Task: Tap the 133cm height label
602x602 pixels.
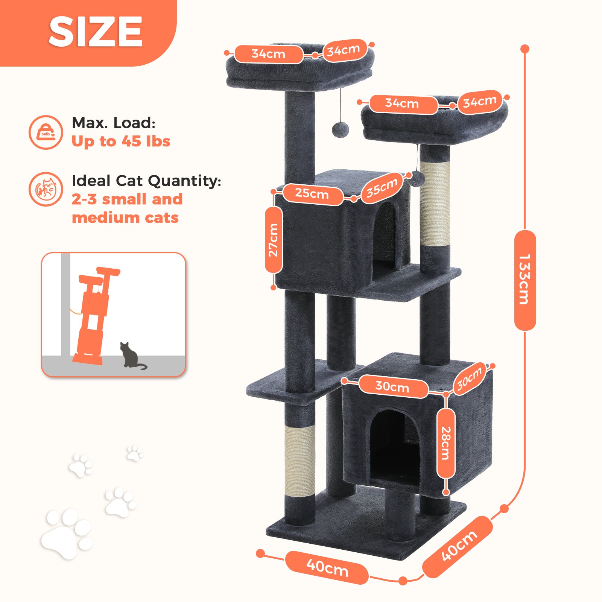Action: click(525, 280)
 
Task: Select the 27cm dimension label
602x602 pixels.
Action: click(274, 240)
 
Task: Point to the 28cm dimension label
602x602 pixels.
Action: click(446, 443)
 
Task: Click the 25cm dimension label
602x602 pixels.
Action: click(312, 194)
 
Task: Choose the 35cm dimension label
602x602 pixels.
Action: click(382, 187)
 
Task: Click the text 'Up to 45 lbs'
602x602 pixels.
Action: click(121, 141)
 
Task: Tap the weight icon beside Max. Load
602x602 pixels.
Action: click(46, 132)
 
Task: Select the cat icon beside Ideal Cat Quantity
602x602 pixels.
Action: click(46, 189)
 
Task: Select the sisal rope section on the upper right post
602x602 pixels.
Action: click(435, 204)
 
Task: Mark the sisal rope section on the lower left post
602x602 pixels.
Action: click(300, 461)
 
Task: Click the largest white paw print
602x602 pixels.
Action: click(66, 533)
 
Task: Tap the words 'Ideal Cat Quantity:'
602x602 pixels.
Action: click(146, 181)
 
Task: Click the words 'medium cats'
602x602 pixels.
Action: click(125, 218)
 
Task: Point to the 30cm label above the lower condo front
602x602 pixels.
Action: click(393, 386)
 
